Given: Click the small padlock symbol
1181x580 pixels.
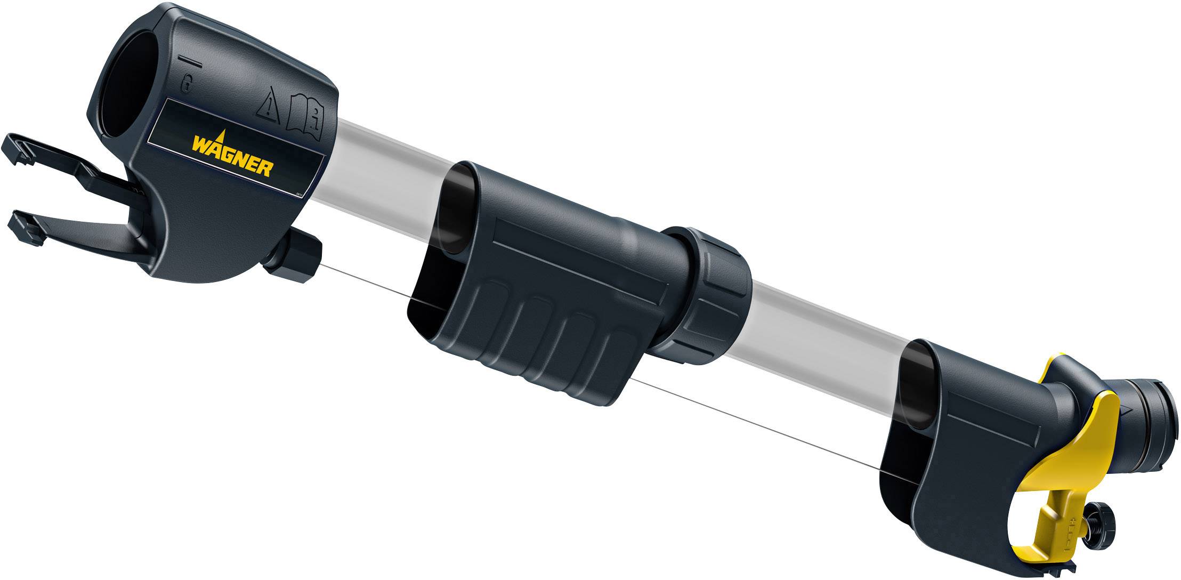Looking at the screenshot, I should tap(186, 83).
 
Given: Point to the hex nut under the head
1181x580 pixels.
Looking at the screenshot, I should tap(298, 256).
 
